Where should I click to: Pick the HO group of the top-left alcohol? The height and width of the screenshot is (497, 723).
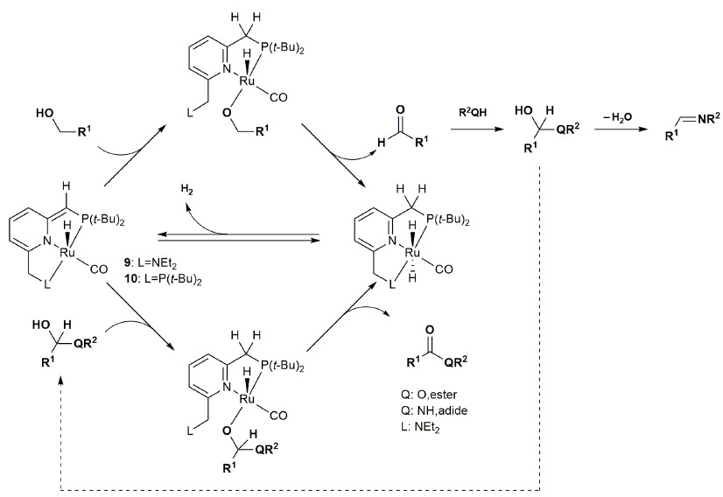tap(46, 114)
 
